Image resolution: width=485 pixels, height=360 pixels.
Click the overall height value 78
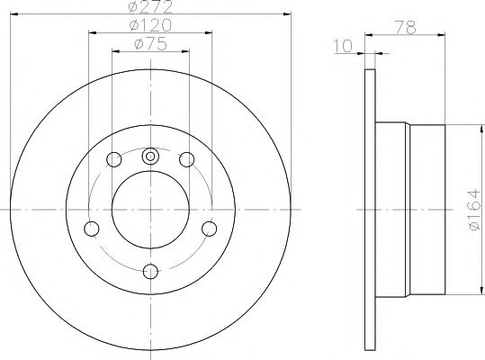pos(408,29)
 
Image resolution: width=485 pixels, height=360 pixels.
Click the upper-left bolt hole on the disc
pos(114,160)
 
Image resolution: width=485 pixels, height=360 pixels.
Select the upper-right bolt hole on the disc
pos(187,160)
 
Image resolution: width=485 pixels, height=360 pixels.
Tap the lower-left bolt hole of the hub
pos(91,228)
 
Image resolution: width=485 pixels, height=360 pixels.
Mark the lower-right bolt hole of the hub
pos(210,228)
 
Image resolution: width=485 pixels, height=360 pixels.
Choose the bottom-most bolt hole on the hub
pos(150,269)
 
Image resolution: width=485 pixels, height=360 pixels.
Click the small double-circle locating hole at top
pos(150,154)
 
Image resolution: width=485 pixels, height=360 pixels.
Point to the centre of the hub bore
pos(150,208)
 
